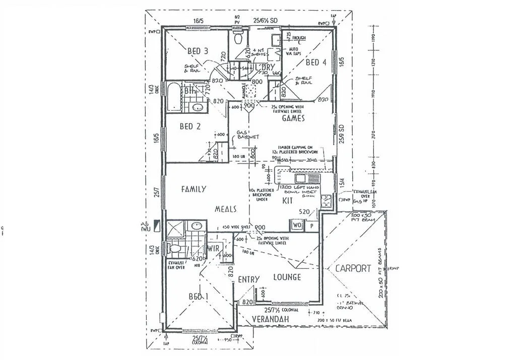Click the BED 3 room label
(198, 51)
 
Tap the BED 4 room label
(316, 62)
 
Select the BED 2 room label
(190, 126)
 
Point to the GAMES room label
(294, 118)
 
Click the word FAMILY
(193, 189)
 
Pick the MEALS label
(225, 208)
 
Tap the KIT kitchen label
(287, 200)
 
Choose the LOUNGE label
(287, 277)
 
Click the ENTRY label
(248, 279)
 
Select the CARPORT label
(353, 268)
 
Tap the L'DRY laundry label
(264, 67)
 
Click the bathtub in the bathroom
(173, 97)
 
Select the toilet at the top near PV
(238, 37)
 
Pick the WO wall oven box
(296, 226)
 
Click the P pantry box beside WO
(311, 226)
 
